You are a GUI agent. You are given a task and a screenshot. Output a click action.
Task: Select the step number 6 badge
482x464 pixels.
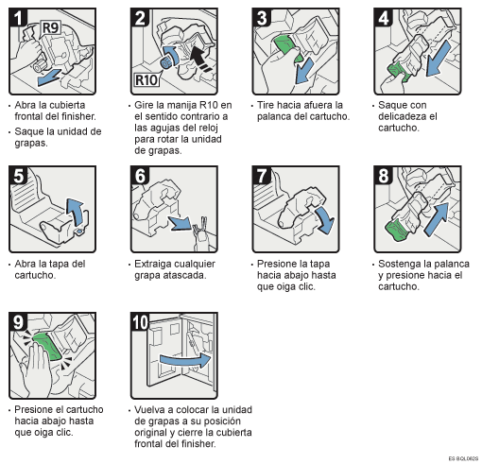click(139, 178)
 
